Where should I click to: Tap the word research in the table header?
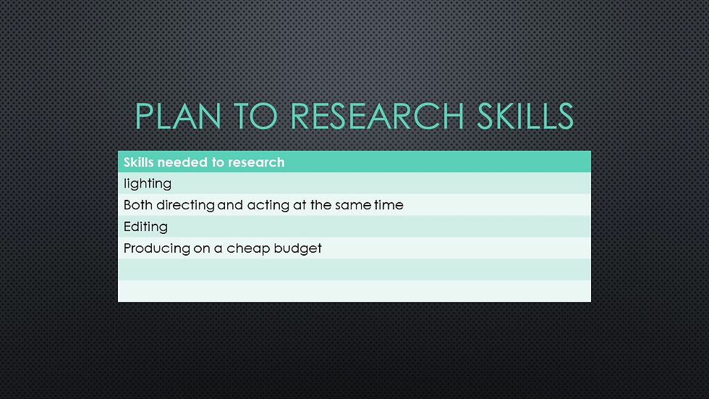(256, 162)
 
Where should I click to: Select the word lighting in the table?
(148, 184)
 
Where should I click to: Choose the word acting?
(268, 206)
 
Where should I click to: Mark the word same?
(352, 205)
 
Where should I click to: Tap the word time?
(389, 205)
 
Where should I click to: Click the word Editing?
(145, 227)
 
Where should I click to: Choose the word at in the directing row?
(300, 205)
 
